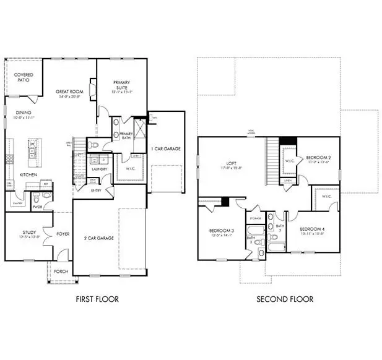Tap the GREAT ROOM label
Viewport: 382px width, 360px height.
point(69,92)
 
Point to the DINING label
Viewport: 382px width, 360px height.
point(24,113)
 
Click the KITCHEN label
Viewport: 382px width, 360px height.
point(27,175)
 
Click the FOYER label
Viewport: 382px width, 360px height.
point(63,234)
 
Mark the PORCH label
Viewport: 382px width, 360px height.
point(59,271)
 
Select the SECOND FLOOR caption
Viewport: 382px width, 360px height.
point(284,299)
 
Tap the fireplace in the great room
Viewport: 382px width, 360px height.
point(93,92)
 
